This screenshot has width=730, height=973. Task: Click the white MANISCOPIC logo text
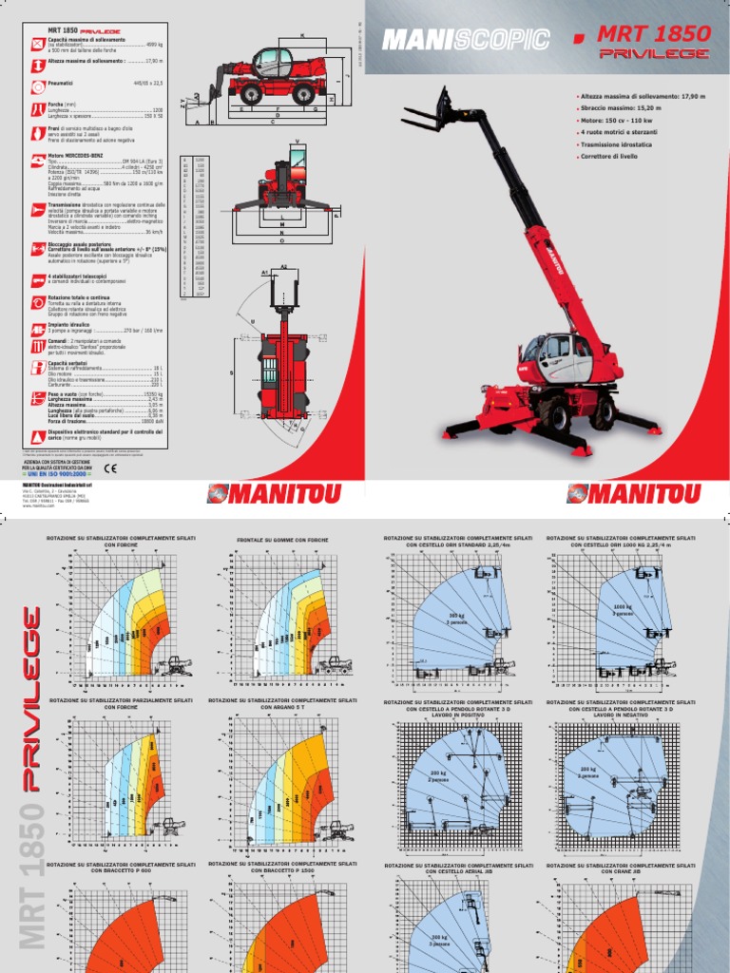coord(465,39)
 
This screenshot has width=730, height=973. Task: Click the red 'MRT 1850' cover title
coord(653,34)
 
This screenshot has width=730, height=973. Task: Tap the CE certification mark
coord(109,467)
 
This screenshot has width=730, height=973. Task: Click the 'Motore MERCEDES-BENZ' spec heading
coord(84,154)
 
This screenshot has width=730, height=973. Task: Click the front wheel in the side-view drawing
coord(251,93)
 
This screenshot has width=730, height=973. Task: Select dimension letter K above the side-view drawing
coord(302,34)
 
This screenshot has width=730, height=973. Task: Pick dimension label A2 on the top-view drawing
coord(282,270)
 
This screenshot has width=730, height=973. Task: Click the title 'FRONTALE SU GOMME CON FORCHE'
coord(283,540)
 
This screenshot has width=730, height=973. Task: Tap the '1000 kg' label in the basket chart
coord(624,604)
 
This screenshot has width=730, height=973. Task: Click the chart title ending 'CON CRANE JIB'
coord(621,868)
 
